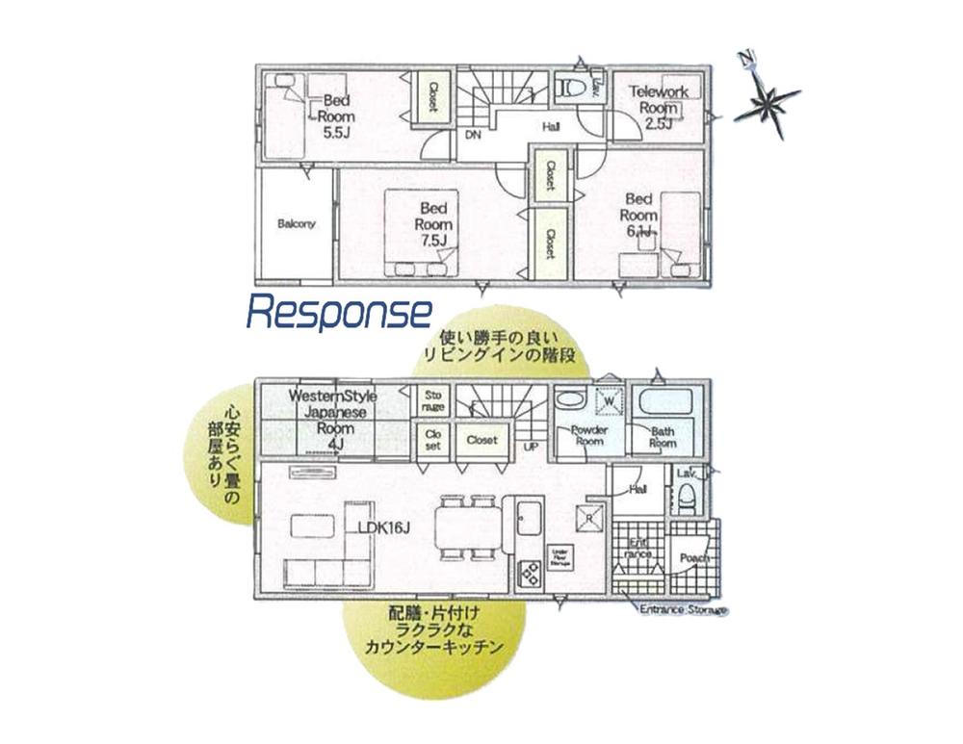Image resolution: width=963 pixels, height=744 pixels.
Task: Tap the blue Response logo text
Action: tap(339, 312)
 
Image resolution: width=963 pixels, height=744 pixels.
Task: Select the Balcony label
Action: tap(296, 223)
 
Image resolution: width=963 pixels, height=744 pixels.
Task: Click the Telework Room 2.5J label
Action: tap(659, 107)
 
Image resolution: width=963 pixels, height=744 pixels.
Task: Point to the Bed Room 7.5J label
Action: tap(433, 223)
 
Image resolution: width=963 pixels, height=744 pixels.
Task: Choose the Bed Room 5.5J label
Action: tap(338, 115)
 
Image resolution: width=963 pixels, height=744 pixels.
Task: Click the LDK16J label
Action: tap(379, 528)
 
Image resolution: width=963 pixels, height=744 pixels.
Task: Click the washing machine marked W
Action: tap(609, 398)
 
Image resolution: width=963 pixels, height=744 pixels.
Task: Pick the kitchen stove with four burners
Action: tap(531, 575)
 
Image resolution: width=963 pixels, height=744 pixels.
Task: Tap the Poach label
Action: tap(694, 558)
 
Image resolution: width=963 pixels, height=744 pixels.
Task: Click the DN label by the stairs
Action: tap(473, 135)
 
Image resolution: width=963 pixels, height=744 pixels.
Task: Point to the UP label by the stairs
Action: tap(531, 448)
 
